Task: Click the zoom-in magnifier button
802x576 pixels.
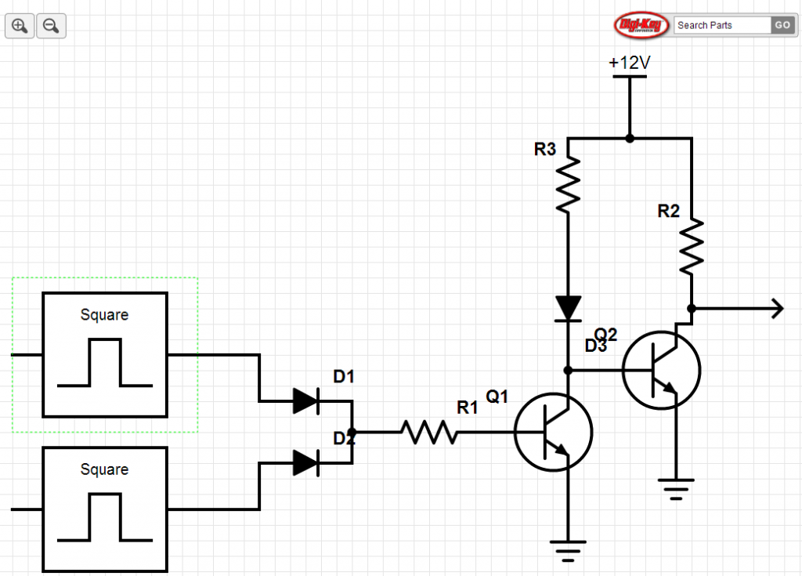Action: [20, 26]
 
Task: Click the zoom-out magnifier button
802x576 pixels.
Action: [51, 26]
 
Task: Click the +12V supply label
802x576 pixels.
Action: [630, 63]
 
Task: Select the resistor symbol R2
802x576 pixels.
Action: [692, 247]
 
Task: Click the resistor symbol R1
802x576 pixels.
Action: [428, 432]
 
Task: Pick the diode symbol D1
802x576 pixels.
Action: [305, 401]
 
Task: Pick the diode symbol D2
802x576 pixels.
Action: [305, 462]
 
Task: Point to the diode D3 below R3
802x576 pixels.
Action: [568, 308]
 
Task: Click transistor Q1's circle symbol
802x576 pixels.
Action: [553, 432]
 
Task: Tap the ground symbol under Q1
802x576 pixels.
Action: [568, 549]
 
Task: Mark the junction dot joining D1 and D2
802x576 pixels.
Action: [352, 432]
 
